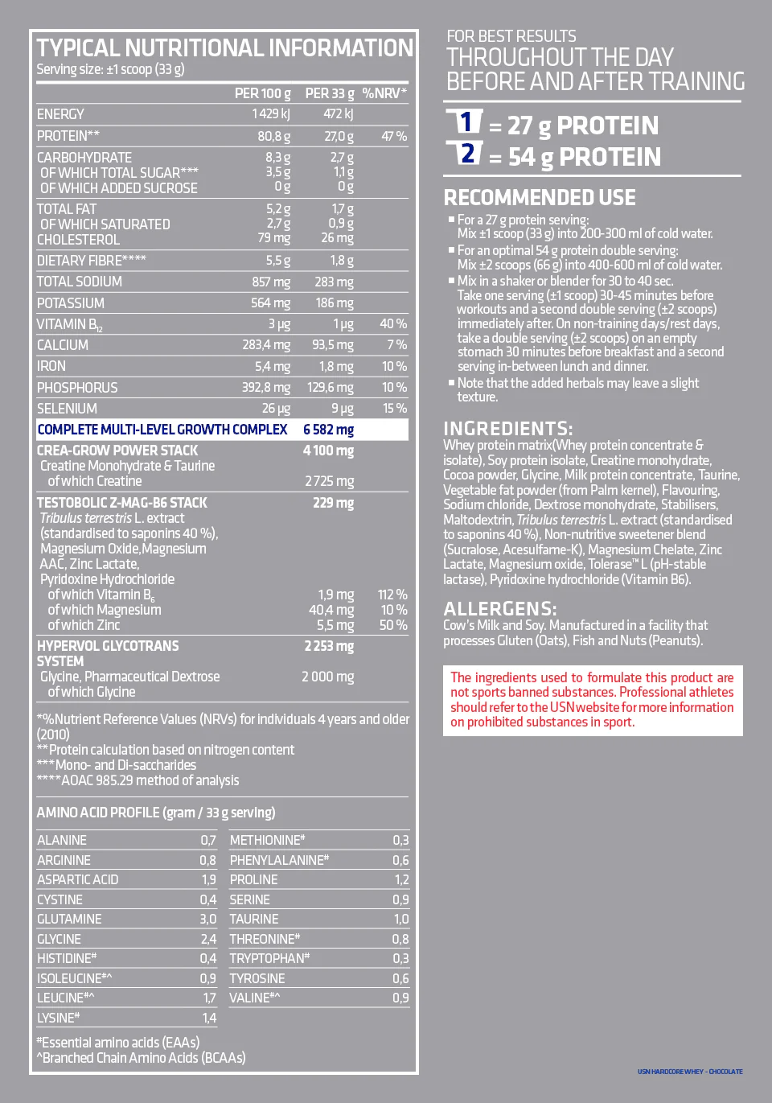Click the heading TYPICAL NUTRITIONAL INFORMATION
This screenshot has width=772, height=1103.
pos(224,48)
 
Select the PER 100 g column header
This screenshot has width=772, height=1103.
pos(262,93)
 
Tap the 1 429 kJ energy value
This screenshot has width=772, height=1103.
pos(271,114)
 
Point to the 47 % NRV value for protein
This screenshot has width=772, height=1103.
pos(393,136)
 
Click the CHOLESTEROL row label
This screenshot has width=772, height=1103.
pos(78,240)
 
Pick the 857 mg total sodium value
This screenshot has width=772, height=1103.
pos(270,282)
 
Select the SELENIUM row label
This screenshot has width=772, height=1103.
pos(67,409)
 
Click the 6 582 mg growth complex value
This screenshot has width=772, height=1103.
pos(328,430)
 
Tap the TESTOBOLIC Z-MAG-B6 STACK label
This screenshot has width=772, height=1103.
pos(121,503)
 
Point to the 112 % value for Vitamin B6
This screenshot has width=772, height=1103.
pos(392,595)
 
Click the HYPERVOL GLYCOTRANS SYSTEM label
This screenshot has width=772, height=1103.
pos(108,653)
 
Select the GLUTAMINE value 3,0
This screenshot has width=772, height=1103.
pos(207,919)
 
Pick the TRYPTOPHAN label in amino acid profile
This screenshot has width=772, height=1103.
pos(269,958)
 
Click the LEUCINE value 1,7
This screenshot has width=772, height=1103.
pos(209,998)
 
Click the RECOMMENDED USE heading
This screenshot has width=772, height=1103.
pos(540,198)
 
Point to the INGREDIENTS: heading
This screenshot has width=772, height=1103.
pos(508,428)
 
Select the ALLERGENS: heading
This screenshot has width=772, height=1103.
pos(500,608)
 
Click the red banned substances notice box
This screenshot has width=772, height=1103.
pos(592,700)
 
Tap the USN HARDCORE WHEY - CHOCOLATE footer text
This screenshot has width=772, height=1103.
pos(690,1072)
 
